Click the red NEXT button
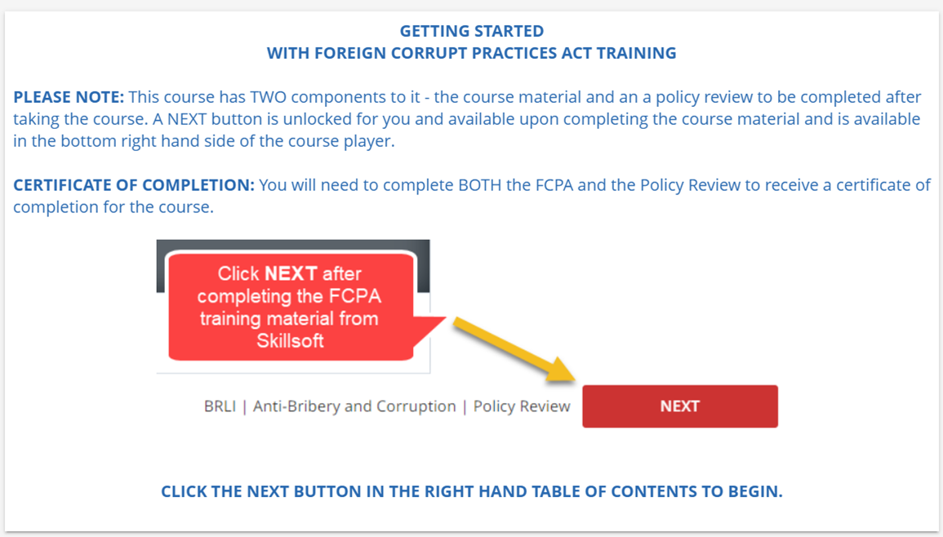coord(679,406)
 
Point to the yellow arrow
coord(514,349)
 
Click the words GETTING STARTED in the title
coord(472,31)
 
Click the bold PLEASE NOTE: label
coord(69,97)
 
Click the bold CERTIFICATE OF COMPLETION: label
coord(134,185)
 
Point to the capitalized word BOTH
coord(479,185)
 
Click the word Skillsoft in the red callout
coord(291,341)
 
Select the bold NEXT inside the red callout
coord(291,273)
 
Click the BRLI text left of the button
coord(220,406)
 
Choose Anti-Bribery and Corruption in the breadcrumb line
coord(354,407)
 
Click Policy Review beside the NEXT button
coord(522,407)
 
